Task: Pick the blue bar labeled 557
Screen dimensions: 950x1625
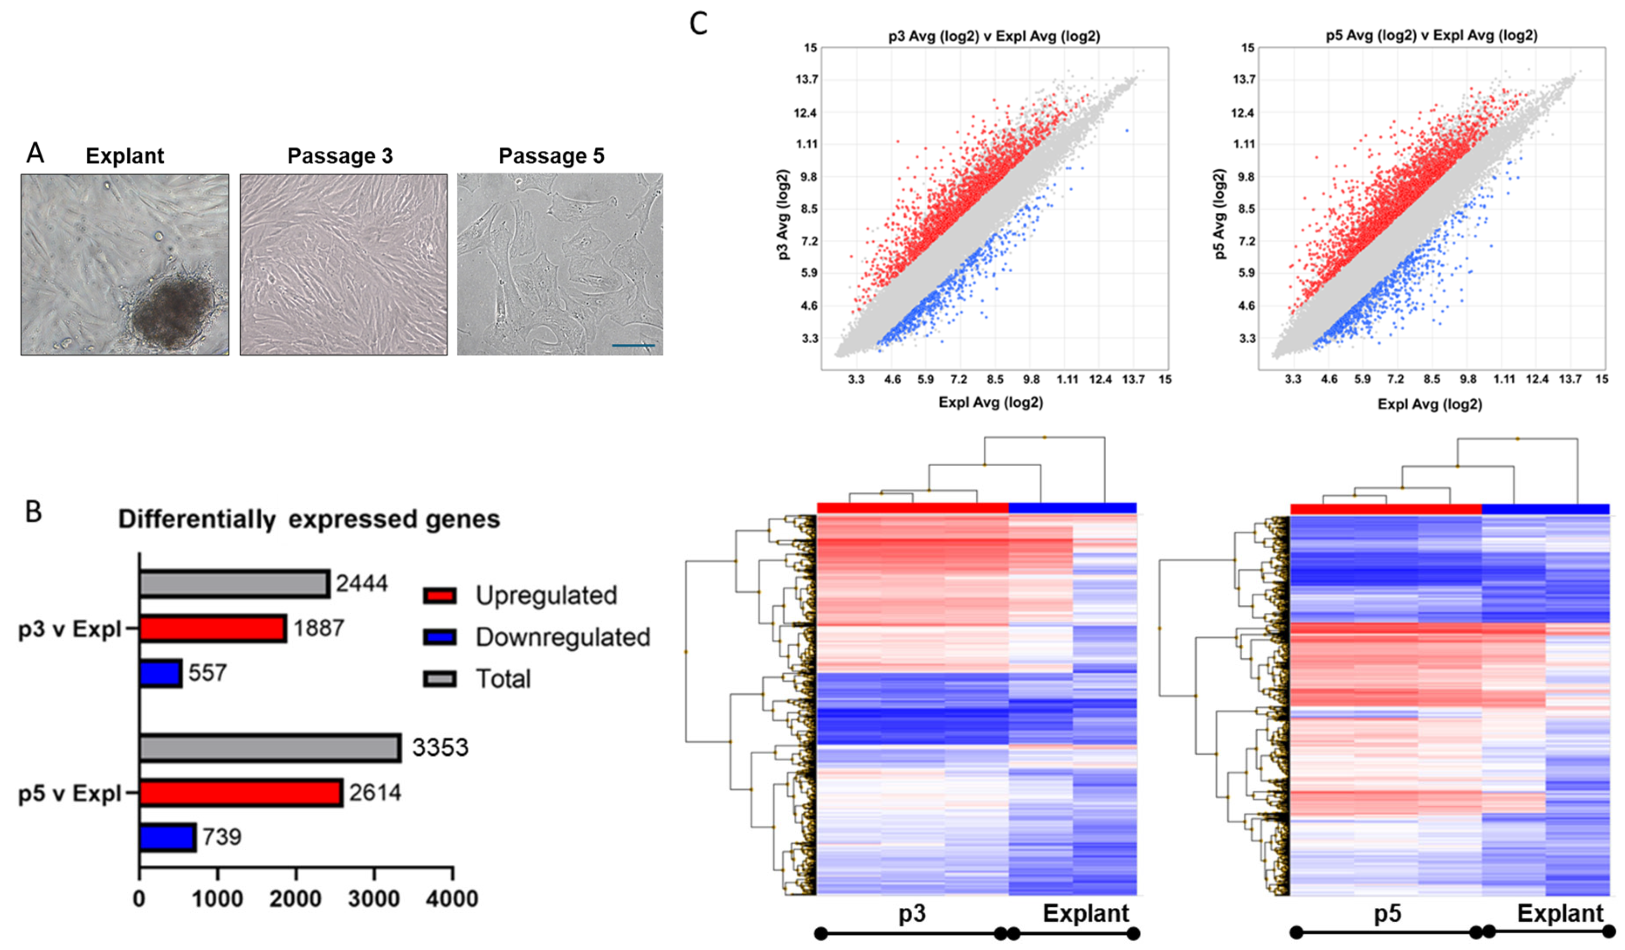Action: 161,673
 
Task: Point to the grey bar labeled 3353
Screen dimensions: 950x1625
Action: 270,748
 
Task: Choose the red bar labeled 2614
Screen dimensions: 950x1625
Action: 240,792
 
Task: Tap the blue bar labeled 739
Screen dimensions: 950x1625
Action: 168,836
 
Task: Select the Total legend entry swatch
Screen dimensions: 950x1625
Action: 440,679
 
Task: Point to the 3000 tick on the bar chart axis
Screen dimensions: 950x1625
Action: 374,899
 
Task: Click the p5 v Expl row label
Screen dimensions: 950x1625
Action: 70,793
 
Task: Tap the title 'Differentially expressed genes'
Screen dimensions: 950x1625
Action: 309,519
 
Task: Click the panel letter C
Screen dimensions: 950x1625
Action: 698,24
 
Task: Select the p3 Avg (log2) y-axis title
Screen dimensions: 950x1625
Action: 783,215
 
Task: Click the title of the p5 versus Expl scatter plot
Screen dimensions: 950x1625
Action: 1431,35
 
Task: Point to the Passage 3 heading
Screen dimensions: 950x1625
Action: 340,156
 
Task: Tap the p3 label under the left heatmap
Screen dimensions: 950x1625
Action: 912,913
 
